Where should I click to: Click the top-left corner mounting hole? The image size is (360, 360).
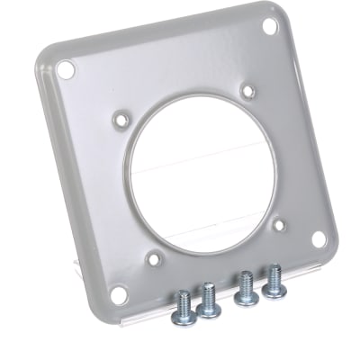[65, 67]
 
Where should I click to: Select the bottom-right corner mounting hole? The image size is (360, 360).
[318, 239]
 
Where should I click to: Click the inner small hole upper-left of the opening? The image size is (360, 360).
[121, 117]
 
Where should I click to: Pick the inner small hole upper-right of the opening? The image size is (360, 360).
[247, 90]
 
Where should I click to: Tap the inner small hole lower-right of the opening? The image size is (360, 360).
[280, 225]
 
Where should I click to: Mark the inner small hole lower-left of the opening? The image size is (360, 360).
[153, 258]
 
